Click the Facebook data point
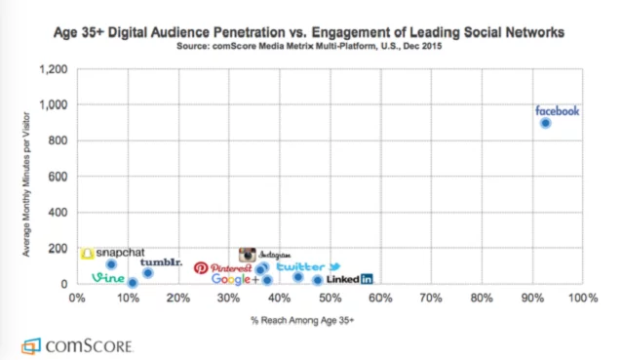(x=546, y=123)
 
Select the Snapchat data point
(x=112, y=264)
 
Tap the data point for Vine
(x=133, y=283)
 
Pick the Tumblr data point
(x=148, y=273)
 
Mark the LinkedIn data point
(x=318, y=280)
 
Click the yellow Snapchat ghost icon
(x=88, y=254)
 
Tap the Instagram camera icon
(x=247, y=255)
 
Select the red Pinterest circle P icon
(x=201, y=268)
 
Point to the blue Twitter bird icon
(x=334, y=266)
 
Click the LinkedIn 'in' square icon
(x=367, y=279)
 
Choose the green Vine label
(x=108, y=278)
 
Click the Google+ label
(x=235, y=279)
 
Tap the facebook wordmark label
(x=557, y=111)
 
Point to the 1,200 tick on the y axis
(x=54, y=69)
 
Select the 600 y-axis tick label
(x=58, y=177)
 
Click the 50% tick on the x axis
(x=331, y=298)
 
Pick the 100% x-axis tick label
(x=583, y=298)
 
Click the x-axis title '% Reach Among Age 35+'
(x=302, y=320)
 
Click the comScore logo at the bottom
(x=77, y=346)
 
